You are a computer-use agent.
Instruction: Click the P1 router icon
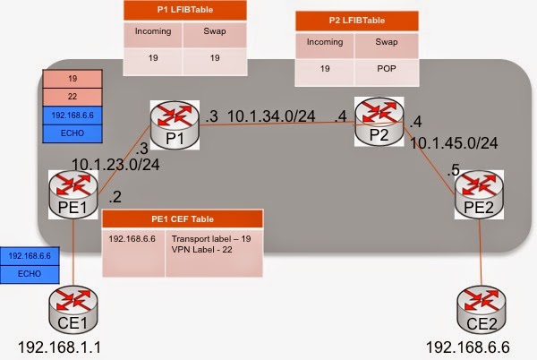coord(175,125)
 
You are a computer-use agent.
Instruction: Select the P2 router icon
coord(379,122)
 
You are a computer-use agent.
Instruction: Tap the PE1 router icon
coord(73,194)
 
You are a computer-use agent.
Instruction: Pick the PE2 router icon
coord(479,194)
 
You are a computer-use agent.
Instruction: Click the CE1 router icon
coord(73,311)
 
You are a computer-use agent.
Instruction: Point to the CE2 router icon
coord(482,311)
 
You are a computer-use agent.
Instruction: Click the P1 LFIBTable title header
coord(185,10)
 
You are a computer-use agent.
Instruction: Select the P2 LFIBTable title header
coord(357,21)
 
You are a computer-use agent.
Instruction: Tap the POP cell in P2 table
coord(387,69)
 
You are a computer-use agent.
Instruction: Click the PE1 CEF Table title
coord(183,219)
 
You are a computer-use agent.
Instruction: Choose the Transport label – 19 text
coord(211,239)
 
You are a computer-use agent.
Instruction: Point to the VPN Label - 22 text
coord(201,249)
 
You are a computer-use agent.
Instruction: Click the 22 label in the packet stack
coord(72,97)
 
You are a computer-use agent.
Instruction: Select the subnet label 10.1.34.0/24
coord(271,116)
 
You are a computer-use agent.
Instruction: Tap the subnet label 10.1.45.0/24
coord(454,143)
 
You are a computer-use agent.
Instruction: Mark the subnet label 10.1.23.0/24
coord(115,165)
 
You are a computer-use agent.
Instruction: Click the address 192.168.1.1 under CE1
coord(59,347)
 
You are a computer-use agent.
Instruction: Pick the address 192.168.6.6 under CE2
coord(468,347)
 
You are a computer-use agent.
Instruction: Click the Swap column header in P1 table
coord(215,31)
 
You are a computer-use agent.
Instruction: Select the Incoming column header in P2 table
coord(325,42)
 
